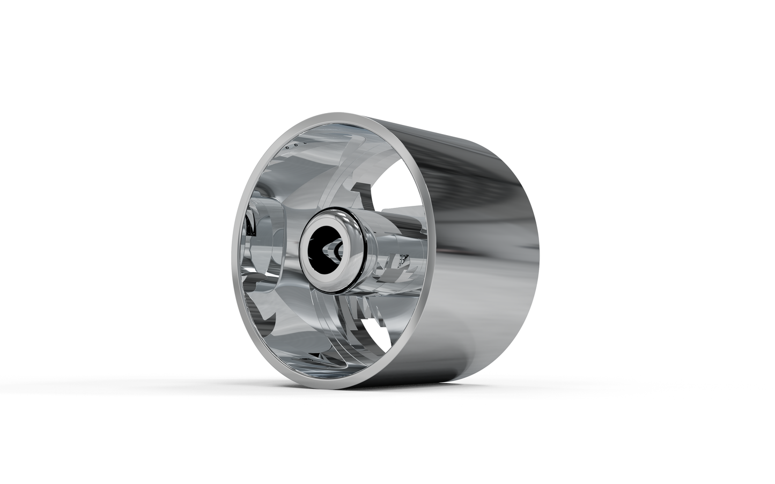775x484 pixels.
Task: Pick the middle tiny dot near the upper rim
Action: [x=295, y=145]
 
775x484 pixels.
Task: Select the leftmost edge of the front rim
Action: [x=232, y=252]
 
